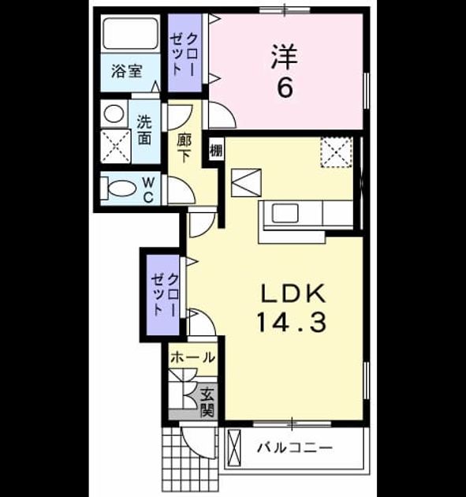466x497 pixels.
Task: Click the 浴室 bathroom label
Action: [126, 72]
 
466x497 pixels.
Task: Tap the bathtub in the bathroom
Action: [130, 34]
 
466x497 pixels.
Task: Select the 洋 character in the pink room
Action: [285, 57]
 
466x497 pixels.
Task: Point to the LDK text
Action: [293, 293]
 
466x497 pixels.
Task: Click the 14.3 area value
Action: [292, 323]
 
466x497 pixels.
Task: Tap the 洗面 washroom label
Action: [144, 130]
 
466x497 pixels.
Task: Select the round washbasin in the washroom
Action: [114, 114]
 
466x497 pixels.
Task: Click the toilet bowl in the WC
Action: [119, 189]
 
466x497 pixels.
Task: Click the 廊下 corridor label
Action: [184, 148]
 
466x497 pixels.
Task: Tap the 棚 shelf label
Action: [216, 151]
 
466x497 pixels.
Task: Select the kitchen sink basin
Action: [285, 213]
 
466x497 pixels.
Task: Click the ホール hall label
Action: [193, 358]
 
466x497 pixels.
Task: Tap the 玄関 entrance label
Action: [207, 402]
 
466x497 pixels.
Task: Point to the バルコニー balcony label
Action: [295, 448]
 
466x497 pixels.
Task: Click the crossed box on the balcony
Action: [234, 447]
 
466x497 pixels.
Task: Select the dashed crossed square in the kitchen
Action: [337, 152]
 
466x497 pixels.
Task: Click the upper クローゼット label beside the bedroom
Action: [185, 54]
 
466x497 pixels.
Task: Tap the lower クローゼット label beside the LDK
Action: [166, 295]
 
